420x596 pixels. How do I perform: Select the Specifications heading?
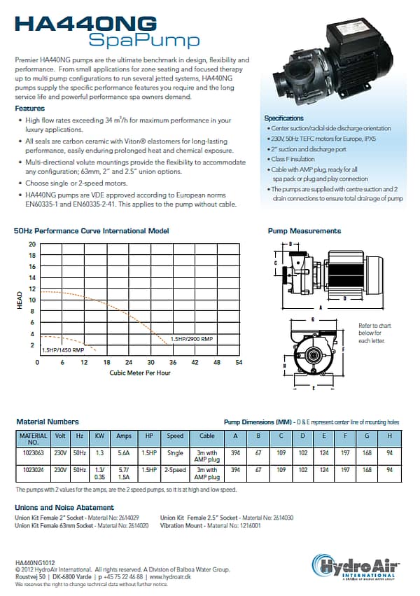pos(283,118)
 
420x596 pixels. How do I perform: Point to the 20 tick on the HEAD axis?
pos(31,244)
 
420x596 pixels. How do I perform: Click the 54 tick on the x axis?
pos(239,363)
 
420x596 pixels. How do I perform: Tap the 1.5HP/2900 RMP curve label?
pos(192,339)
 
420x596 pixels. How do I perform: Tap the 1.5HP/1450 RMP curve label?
pos(63,349)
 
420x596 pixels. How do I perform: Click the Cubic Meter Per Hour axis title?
pos(140,373)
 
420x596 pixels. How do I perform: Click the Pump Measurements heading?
pos(304,230)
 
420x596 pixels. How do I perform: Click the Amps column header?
pos(124,436)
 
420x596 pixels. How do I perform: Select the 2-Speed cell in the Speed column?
pos(175,470)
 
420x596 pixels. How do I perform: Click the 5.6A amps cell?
pos(124,452)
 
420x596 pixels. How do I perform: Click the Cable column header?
pos(207,436)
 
